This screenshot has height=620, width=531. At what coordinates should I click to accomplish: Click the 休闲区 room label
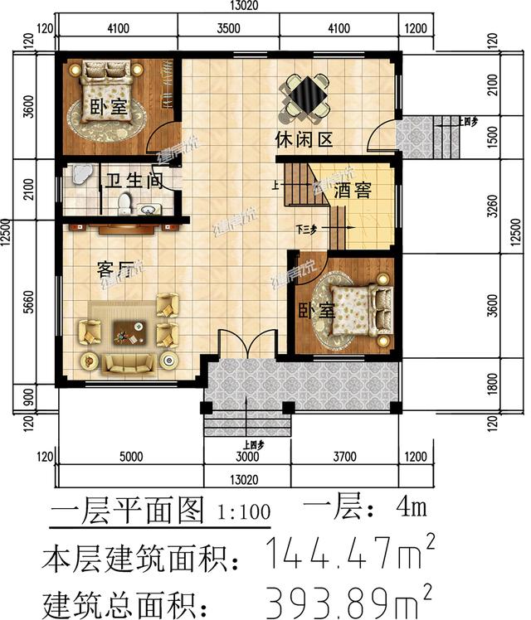tap(304, 140)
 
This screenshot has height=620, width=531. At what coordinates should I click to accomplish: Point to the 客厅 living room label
tap(115, 269)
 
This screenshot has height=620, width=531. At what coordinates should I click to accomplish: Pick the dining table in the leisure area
tap(306, 95)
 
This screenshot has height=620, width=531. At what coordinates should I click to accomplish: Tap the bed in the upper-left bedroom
tap(106, 95)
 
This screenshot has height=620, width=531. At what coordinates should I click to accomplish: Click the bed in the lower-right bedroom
tap(358, 312)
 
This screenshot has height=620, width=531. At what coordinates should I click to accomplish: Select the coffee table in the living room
tap(127, 334)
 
